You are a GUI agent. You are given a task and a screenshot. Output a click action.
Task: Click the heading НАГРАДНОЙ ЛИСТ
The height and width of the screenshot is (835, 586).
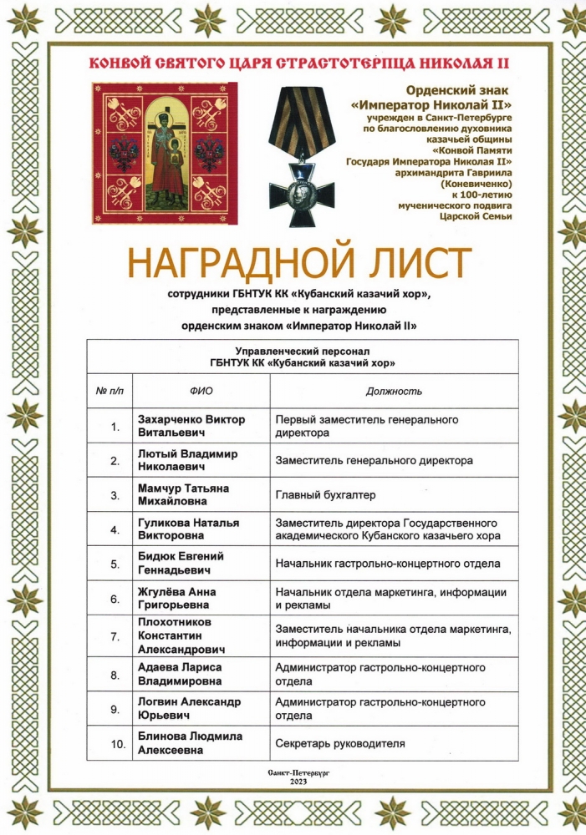(x=299, y=264)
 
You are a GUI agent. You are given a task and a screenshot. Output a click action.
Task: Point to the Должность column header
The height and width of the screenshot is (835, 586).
(x=394, y=391)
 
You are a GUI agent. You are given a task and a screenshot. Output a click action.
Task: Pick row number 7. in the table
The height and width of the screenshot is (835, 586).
(x=115, y=636)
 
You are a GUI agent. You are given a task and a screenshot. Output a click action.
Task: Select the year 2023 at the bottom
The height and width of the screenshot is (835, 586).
(x=298, y=782)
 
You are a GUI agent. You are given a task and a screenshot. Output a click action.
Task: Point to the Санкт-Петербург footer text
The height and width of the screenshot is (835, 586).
(x=298, y=773)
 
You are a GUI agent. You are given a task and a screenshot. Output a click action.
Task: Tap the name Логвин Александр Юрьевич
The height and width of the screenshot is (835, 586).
(x=190, y=709)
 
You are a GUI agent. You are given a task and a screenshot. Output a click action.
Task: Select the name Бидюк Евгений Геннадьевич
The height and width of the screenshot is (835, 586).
(x=180, y=563)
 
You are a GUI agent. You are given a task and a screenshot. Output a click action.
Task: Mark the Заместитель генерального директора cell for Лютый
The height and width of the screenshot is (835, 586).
(x=374, y=460)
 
